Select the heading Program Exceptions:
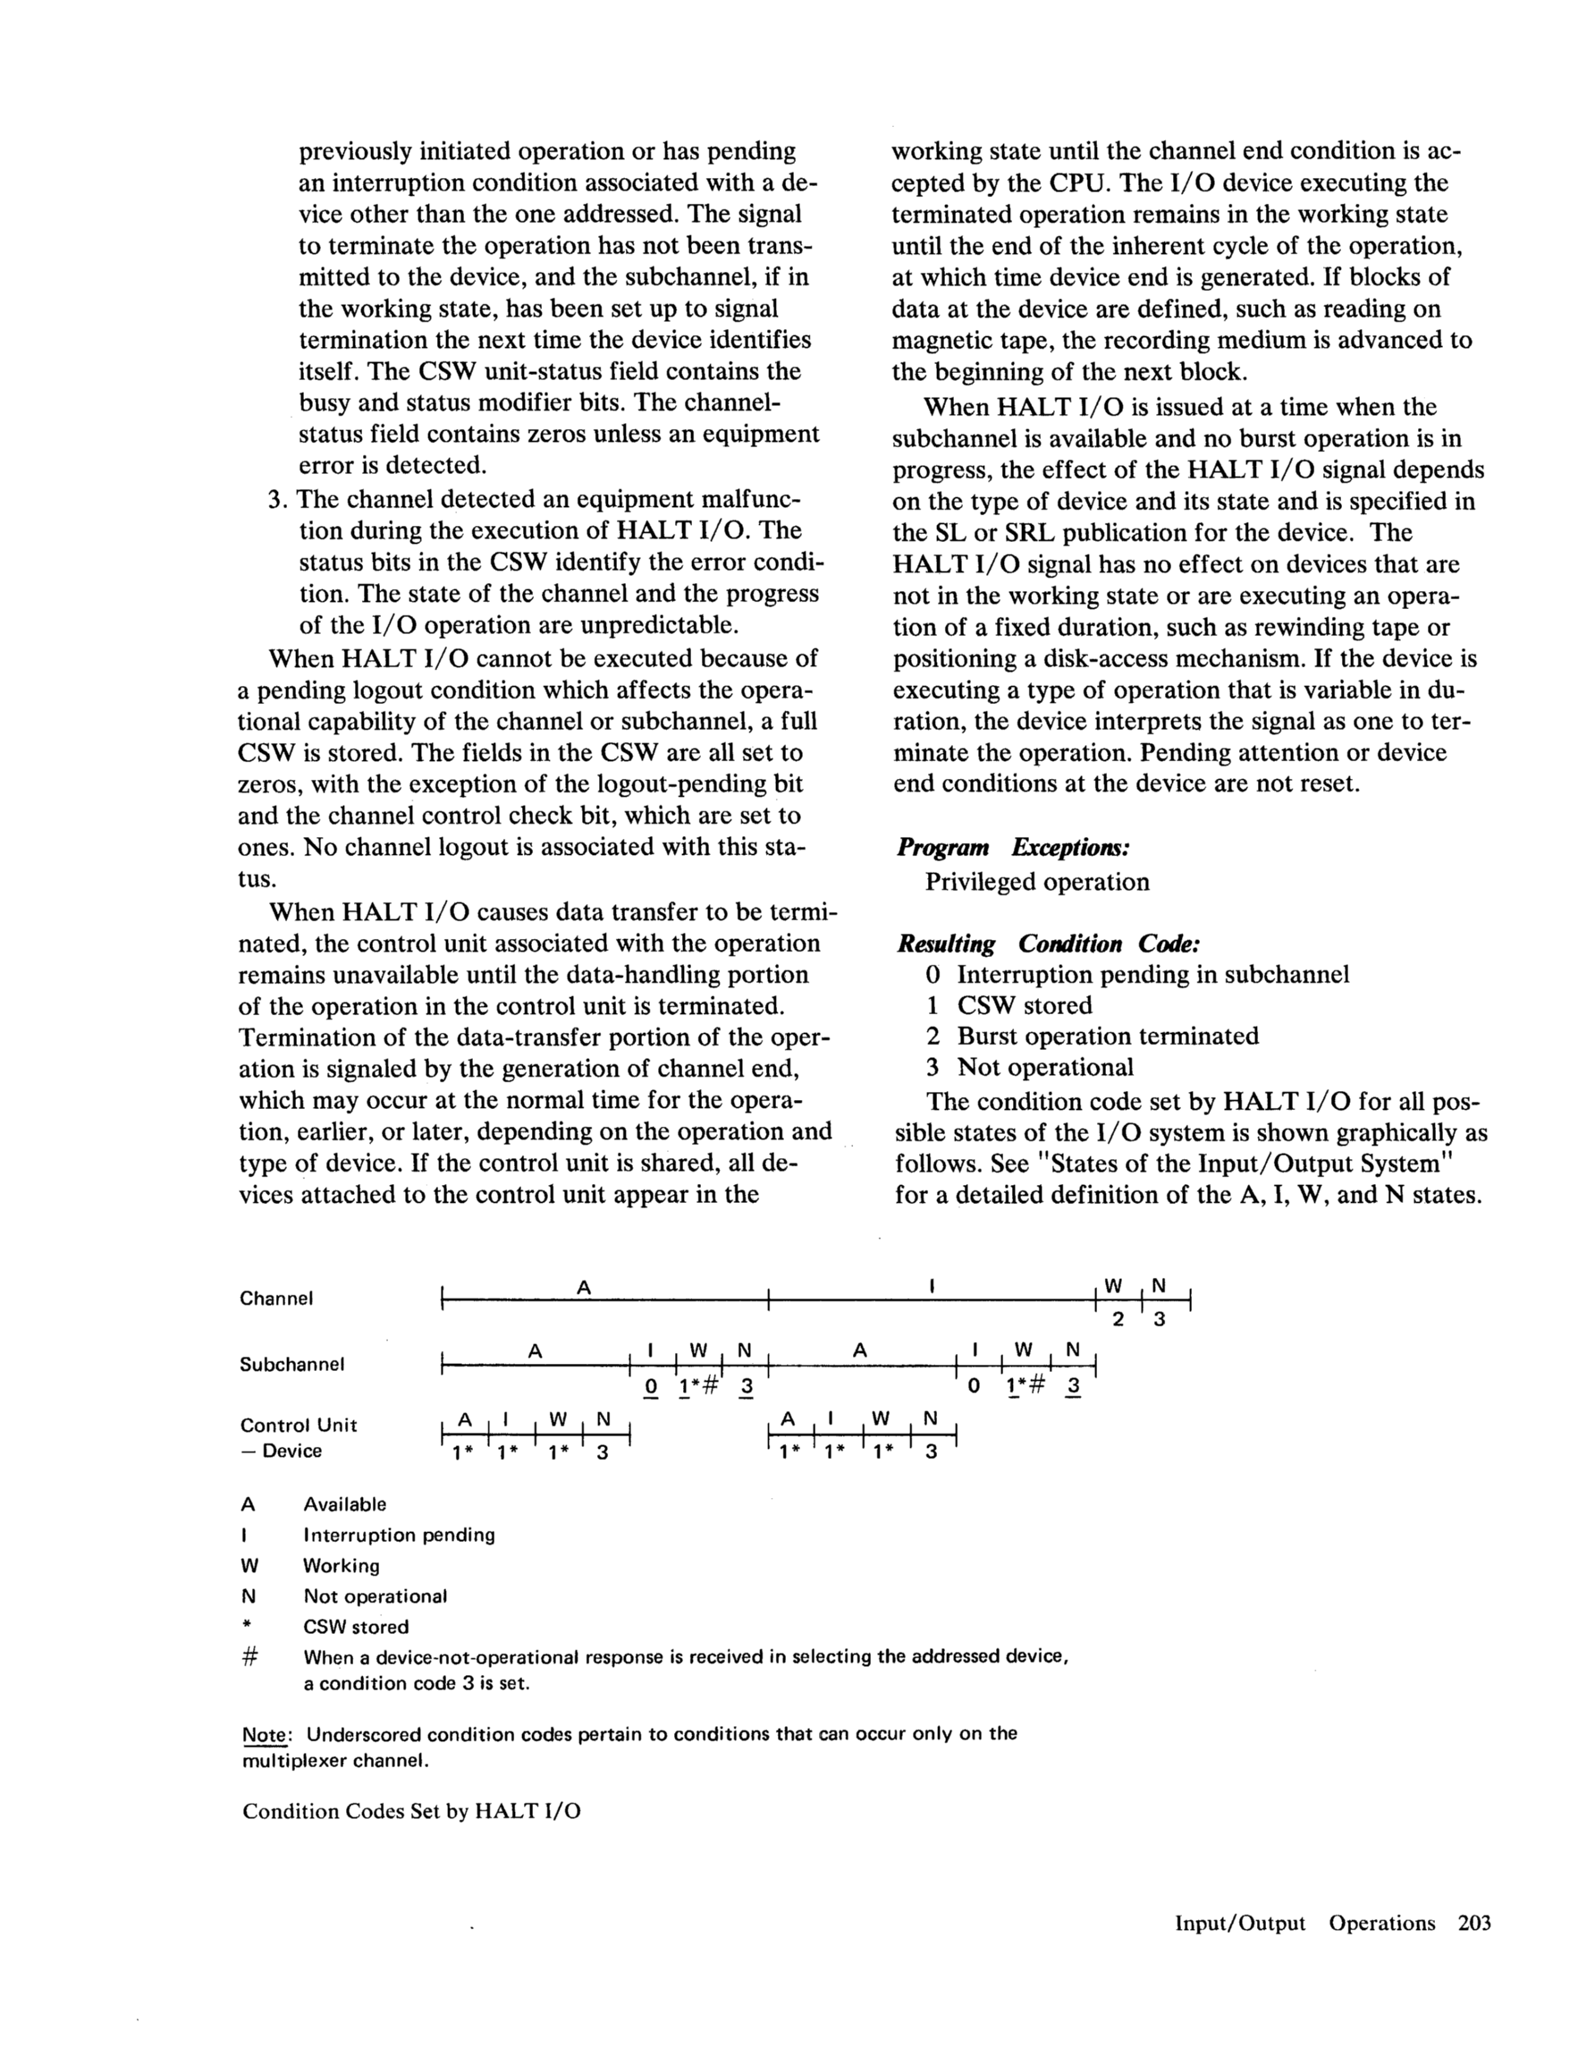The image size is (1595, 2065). pos(1014,847)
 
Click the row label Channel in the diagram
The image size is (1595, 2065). pos(276,1299)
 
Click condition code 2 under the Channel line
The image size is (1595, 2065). pos(1118,1319)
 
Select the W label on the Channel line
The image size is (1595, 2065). pos(1113,1286)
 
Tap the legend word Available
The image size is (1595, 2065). pos(344,1504)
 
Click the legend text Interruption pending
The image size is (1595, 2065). pos(399,1535)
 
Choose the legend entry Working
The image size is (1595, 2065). pos(342,1566)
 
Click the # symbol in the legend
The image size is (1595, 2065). pos(249,1657)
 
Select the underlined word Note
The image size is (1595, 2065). pos(266,1735)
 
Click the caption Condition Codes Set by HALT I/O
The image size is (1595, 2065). pos(411,1812)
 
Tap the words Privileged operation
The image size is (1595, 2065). pos(1037,882)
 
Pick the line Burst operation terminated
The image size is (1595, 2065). pos(1107,1037)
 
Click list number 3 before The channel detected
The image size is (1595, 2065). pos(275,498)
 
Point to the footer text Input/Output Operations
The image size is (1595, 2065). pos(1304,1923)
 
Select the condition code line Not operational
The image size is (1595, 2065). pos(1045,1068)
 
